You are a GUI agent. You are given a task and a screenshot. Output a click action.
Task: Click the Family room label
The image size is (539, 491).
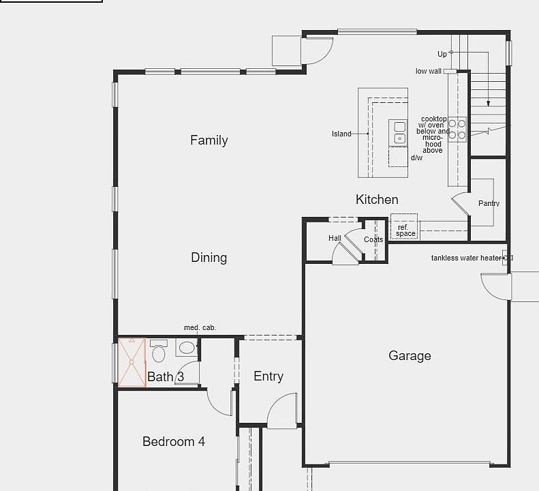point(209,140)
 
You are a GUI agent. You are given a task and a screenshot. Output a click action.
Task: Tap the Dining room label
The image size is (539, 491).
point(209,258)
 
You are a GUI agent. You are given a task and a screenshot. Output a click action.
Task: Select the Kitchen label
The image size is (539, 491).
point(377,200)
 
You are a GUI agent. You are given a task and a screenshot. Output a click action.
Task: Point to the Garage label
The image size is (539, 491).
point(410,356)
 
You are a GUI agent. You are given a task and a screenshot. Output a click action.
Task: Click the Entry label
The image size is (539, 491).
point(268,376)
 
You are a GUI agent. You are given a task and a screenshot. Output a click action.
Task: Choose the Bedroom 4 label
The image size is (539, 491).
point(174,442)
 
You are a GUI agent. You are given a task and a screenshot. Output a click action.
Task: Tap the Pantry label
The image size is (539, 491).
point(489,203)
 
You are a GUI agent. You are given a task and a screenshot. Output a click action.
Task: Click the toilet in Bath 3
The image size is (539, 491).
point(159,352)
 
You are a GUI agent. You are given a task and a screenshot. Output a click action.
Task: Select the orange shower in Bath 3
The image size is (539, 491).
point(132,362)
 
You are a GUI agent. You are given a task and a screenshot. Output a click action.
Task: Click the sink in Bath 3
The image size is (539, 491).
point(186,348)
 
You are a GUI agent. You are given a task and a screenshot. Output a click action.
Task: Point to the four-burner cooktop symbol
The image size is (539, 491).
point(457,130)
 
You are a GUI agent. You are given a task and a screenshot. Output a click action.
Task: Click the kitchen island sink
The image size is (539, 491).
point(399,132)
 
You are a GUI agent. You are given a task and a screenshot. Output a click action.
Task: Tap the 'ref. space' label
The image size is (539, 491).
point(405,230)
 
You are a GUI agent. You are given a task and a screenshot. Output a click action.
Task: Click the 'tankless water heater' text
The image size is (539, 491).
point(466,258)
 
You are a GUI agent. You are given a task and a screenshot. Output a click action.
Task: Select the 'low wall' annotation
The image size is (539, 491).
point(429,72)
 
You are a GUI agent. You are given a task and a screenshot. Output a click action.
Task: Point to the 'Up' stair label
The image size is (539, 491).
point(442,54)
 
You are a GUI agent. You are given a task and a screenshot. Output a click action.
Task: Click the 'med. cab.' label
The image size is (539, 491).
point(200,328)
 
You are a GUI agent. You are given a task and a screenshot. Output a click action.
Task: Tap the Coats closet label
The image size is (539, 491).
point(373,240)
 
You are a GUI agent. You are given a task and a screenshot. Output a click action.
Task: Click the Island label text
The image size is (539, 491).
point(341,134)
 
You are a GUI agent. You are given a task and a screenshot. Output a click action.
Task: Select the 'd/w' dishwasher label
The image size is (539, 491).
point(416,158)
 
